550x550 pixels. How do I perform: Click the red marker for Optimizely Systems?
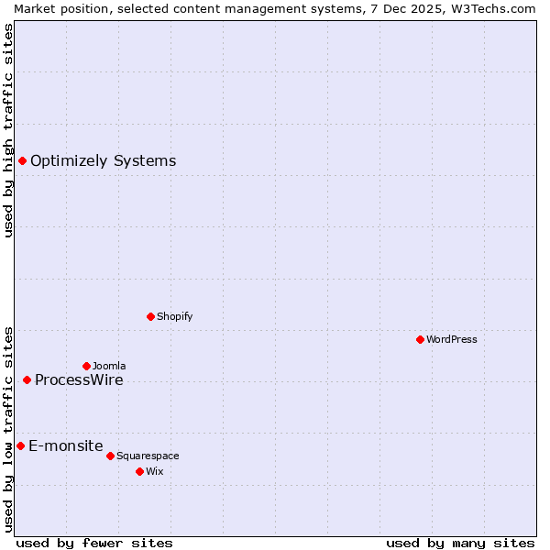(x=22, y=161)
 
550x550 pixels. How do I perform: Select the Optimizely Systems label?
(x=103, y=161)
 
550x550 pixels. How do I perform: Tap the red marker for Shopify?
(x=150, y=316)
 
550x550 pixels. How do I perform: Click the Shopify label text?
(x=174, y=317)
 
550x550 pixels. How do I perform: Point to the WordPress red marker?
(x=420, y=339)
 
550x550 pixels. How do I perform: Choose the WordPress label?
(x=451, y=340)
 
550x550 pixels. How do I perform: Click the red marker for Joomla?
(x=86, y=366)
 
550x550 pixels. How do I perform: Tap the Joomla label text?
(x=109, y=367)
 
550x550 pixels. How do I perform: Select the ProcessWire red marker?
(x=27, y=379)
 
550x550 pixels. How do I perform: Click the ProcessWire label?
(x=79, y=380)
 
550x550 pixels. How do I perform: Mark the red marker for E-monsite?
(x=20, y=445)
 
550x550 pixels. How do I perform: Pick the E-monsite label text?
(x=65, y=446)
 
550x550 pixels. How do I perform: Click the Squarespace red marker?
(x=110, y=456)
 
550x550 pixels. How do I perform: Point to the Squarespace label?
(x=148, y=456)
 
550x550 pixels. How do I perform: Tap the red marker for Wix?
(x=139, y=471)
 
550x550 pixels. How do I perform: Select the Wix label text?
(x=155, y=472)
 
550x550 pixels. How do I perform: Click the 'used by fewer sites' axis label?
(x=94, y=544)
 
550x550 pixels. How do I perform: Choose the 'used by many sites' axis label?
(x=460, y=544)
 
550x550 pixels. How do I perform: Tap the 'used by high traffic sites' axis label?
(x=8, y=130)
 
